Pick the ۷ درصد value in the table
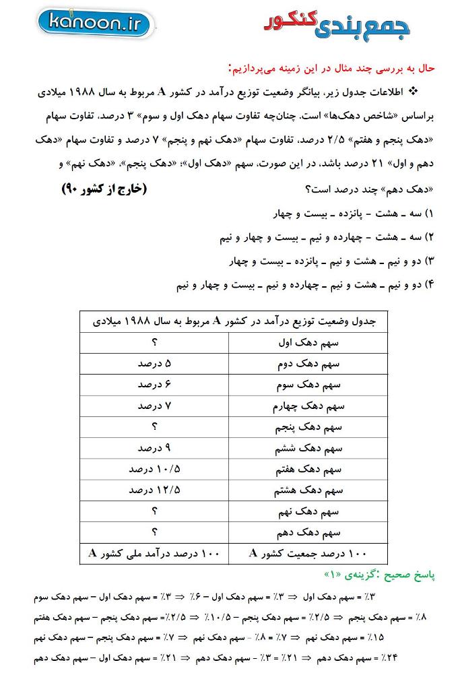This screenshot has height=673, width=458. [154, 406]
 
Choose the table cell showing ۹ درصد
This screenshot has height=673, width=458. [154, 448]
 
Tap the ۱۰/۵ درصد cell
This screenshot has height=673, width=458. [154, 469]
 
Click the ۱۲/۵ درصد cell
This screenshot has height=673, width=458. [154, 490]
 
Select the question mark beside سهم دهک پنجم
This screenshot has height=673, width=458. [154, 427]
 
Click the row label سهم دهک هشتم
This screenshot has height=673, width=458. [308, 490]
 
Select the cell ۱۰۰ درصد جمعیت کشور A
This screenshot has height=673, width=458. [308, 553]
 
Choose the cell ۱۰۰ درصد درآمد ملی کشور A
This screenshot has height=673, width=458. [154, 553]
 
